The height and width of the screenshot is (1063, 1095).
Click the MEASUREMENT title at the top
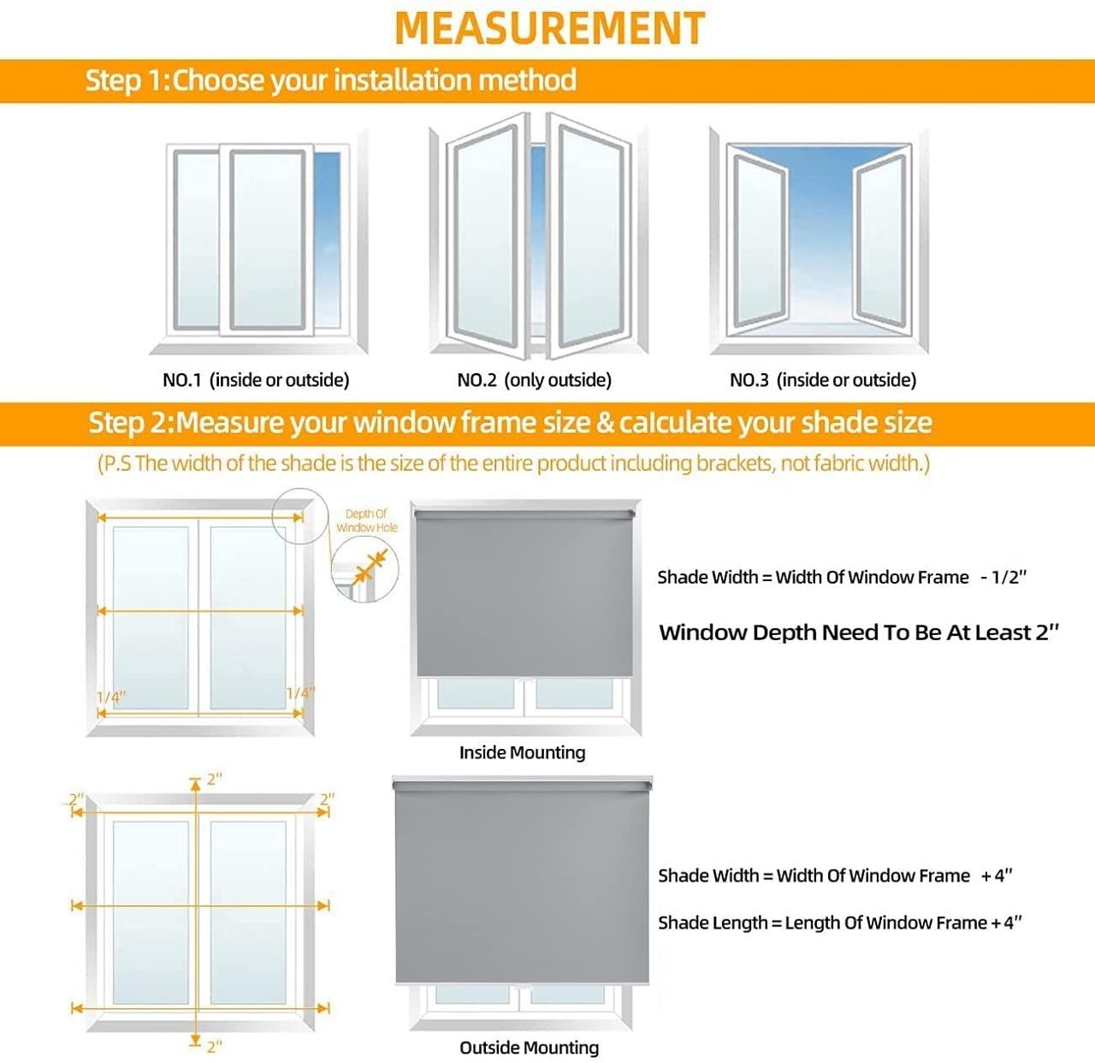coord(549,28)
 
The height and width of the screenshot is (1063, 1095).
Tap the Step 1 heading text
coord(330,80)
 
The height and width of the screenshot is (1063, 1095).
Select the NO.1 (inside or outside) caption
coord(256,380)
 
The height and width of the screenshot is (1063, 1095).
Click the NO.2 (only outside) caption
coord(534,380)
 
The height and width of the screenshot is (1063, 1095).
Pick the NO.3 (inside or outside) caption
coord(822,380)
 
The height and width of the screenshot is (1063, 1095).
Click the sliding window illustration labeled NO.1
coord(258,244)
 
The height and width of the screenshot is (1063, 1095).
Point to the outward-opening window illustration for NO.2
coord(538,237)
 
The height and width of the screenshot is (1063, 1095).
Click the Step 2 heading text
coord(510,423)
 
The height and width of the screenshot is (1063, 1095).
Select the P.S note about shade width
coord(513,464)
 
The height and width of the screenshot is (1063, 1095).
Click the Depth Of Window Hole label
coord(366,520)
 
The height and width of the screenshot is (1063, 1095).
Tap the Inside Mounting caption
coord(522,752)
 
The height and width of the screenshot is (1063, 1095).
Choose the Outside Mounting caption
coord(529,1048)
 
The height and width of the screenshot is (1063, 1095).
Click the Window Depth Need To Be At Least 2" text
coord(859,632)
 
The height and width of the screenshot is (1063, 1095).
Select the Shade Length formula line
coord(840,923)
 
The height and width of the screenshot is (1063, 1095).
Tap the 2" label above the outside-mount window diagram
coord(214,779)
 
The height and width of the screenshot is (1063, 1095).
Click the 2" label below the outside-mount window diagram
coord(214,1046)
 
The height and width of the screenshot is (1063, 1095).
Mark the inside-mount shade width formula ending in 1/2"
coord(841,578)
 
